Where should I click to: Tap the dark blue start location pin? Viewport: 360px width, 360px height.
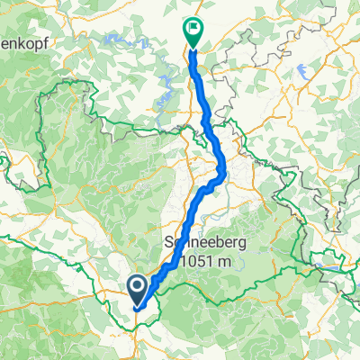pyautogui.click(x=137, y=288)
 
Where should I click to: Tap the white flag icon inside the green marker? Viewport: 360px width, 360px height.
pyautogui.click(x=193, y=29)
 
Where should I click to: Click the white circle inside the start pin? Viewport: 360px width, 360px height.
pyautogui.click(x=137, y=286)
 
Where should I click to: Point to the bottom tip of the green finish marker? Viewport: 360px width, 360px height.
pyautogui.click(x=193, y=46)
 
